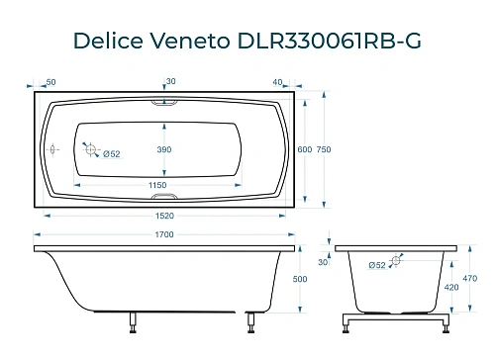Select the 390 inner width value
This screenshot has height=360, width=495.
164,149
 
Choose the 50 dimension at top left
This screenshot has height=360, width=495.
50,81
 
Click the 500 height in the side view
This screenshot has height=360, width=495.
314,280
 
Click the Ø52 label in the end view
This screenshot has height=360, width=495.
376,265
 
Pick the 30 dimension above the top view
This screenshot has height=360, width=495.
170,81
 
